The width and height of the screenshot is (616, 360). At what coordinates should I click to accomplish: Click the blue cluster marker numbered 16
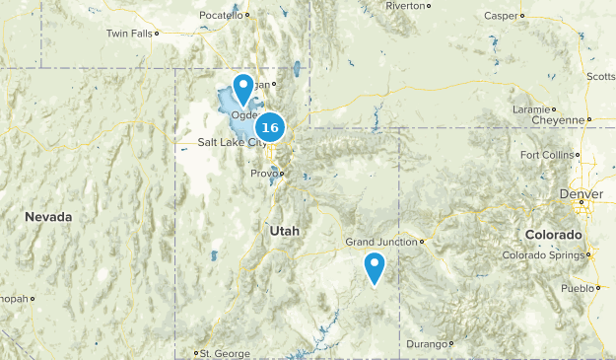pos(270,127)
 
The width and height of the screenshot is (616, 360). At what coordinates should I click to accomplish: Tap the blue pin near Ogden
pos(242,88)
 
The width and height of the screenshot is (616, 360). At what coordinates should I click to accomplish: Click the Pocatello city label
pos(220,16)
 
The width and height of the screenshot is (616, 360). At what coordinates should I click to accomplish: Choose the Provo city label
pos(263,174)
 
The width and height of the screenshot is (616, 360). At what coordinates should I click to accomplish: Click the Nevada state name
pos(48,216)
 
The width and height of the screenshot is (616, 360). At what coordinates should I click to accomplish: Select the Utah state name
pos(282,230)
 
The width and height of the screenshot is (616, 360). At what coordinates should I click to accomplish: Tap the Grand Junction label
pos(381,242)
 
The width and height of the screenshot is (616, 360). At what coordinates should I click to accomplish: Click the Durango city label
pos(426,344)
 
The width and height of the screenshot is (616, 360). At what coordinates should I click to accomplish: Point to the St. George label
pos(218,352)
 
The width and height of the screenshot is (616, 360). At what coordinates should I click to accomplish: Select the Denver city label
pos(581,194)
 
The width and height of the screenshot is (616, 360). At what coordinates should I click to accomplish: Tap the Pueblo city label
pos(577,288)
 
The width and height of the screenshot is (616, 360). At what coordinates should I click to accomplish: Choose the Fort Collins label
pos(545,155)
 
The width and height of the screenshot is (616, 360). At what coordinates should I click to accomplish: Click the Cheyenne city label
pos(557,119)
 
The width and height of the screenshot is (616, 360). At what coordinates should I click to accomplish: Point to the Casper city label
pos(501,16)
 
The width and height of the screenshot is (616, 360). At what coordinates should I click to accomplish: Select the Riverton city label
pos(404,6)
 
